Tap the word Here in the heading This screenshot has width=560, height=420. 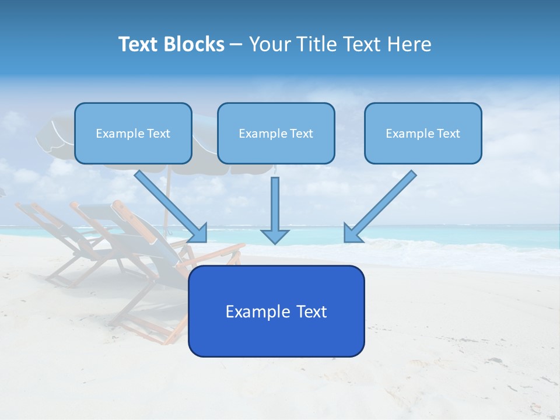tap(409, 44)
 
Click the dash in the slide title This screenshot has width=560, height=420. tap(236, 45)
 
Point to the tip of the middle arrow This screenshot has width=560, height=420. tap(275, 242)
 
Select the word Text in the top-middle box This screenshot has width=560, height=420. tap(301, 134)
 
